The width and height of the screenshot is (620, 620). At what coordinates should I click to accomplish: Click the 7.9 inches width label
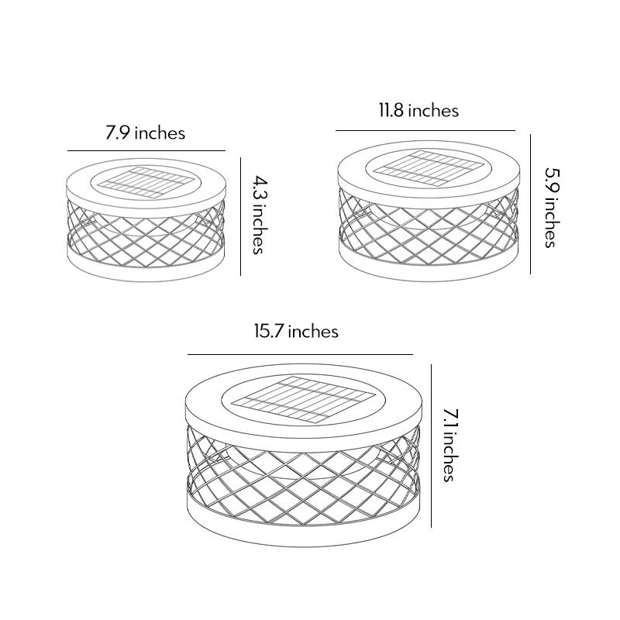click(146, 133)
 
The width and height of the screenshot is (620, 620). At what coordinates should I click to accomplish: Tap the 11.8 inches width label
click(418, 110)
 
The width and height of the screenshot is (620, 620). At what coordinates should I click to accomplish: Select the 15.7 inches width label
click(297, 331)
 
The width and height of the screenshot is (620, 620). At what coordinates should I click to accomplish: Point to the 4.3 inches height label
click(258, 213)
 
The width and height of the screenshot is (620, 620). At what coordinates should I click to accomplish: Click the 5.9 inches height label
click(549, 207)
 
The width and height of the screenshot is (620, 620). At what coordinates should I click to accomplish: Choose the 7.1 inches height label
click(448, 444)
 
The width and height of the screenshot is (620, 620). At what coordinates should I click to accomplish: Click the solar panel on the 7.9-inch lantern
click(145, 181)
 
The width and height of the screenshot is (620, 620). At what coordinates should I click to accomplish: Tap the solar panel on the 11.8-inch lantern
click(427, 164)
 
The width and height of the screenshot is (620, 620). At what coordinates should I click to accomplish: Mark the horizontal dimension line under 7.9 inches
click(146, 150)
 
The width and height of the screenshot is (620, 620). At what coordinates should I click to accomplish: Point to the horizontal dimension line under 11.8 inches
click(425, 130)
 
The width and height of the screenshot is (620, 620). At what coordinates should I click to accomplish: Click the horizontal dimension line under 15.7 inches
click(300, 354)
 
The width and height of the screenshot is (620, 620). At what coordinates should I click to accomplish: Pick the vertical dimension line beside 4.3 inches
click(240, 215)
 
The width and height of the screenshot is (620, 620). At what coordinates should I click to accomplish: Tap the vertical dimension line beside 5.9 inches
click(530, 204)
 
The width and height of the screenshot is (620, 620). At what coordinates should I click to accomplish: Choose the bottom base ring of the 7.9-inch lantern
click(146, 268)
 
